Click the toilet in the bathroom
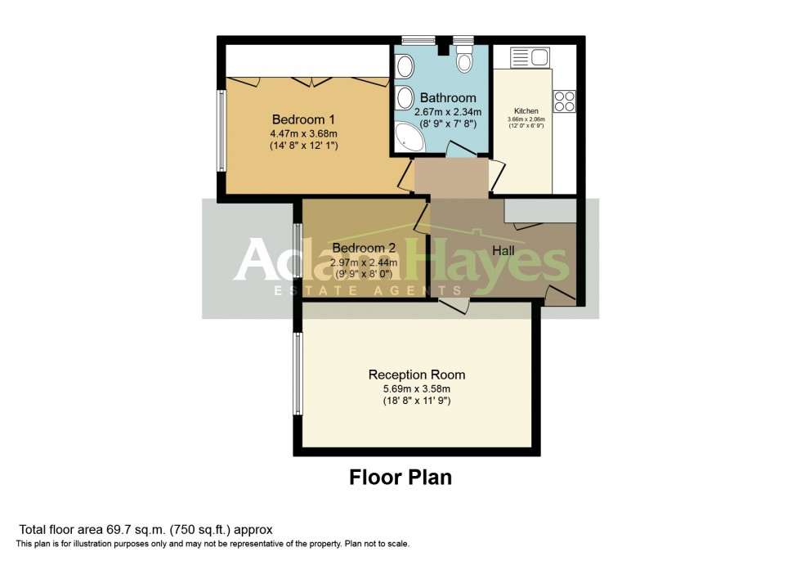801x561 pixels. [x=465, y=61]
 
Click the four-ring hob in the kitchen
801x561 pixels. [x=564, y=101]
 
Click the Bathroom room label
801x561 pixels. [x=448, y=98]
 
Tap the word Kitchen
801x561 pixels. [x=526, y=110]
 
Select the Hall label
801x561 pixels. [x=503, y=251]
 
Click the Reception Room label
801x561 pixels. [x=417, y=375]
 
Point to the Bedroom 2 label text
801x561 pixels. [x=364, y=248]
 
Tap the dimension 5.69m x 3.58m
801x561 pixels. [x=417, y=388]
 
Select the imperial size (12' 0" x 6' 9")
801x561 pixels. [x=526, y=126]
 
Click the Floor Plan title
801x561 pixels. [x=400, y=477]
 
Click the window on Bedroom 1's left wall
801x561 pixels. [x=221, y=131]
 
